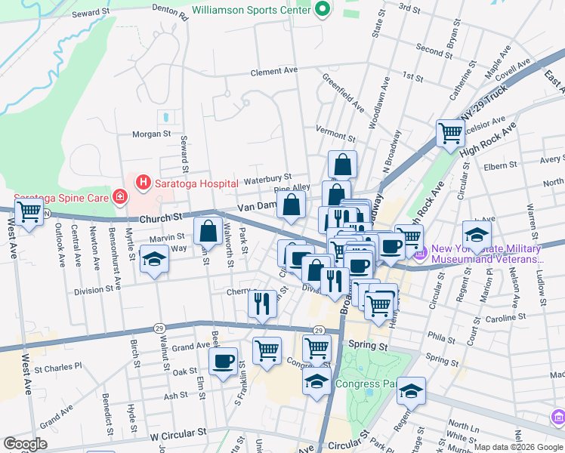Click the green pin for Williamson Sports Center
(323, 11)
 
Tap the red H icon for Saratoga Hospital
(141, 182)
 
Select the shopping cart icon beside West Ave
(29, 212)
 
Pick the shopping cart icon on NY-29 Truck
(451, 133)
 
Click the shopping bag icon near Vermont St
(342, 164)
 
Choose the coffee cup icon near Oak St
(223, 361)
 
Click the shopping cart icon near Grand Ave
(267, 350)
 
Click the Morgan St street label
(152, 134)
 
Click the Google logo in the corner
(25, 444)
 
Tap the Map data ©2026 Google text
(518, 447)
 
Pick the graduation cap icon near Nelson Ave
(477, 234)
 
